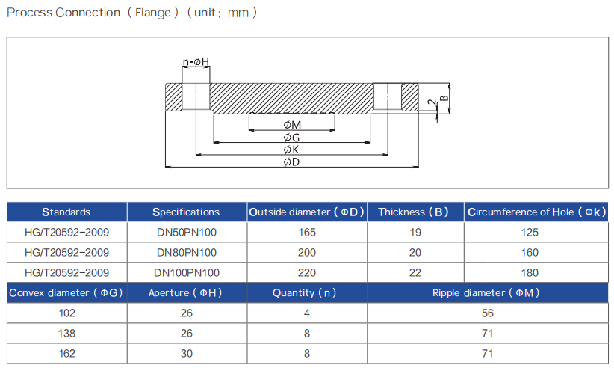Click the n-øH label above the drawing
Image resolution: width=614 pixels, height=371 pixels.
click(x=196, y=61)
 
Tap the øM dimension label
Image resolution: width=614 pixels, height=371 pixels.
click(x=292, y=125)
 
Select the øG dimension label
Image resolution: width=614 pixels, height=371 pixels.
click(x=292, y=138)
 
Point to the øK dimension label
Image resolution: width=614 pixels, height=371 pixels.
click(x=291, y=150)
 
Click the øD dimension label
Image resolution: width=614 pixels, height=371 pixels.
click(x=292, y=162)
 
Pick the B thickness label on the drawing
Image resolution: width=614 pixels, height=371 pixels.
click(x=444, y=98)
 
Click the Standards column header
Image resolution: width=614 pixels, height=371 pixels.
click(x=66, y=212)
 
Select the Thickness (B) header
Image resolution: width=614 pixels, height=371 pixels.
click(x=413, y=212)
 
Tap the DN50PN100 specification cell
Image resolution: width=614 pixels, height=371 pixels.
click(x=187, y=232)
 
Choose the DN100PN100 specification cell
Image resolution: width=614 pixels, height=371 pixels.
click(x=187, y=272)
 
